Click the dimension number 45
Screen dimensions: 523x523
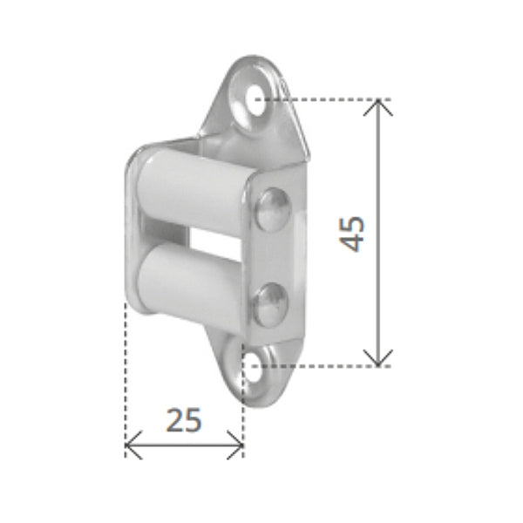[353, 233]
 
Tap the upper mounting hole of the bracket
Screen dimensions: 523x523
[255, 99]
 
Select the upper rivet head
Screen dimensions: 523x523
[272, 209]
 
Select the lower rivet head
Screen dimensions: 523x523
[271, 303]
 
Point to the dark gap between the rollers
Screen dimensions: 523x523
[209, 240]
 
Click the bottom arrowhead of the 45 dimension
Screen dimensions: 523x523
[379, 359]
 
